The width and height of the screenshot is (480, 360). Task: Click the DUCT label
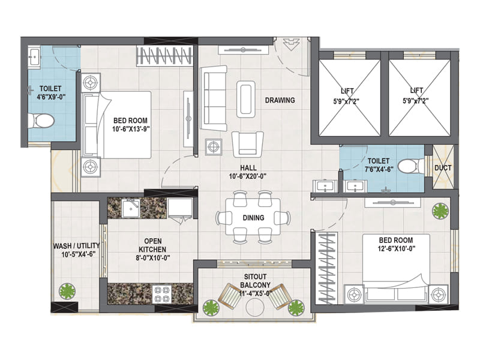click(443, 168)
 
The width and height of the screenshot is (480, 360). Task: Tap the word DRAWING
click(280, 100)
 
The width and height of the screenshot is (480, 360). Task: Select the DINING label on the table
click(253, 218)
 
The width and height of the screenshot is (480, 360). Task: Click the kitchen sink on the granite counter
click(131, 208)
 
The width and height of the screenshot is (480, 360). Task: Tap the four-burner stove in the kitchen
click(162, 294)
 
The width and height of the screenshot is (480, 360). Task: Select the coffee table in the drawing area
click(246, 99)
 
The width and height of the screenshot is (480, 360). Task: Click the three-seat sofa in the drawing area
click(214, 98)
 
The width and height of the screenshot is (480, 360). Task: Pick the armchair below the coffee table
click(248, 144)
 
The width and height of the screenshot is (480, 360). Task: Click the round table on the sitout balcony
click(255, 307)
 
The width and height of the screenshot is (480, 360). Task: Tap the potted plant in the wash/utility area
click(67, 291)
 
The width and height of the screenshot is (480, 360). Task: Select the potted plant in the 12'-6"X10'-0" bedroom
click(440, 211)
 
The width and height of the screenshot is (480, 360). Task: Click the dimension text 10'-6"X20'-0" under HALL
click(248, 176)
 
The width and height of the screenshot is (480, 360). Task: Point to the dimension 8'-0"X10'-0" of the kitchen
click(153, 258)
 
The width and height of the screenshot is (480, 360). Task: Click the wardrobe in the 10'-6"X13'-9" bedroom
click(164, 56)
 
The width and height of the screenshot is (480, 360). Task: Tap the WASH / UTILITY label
click(76, 246)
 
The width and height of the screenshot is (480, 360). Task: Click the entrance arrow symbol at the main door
click(290, 44)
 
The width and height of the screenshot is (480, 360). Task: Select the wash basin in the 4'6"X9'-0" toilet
click(34, 56)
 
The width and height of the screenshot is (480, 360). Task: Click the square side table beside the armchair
click(214, 147)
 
